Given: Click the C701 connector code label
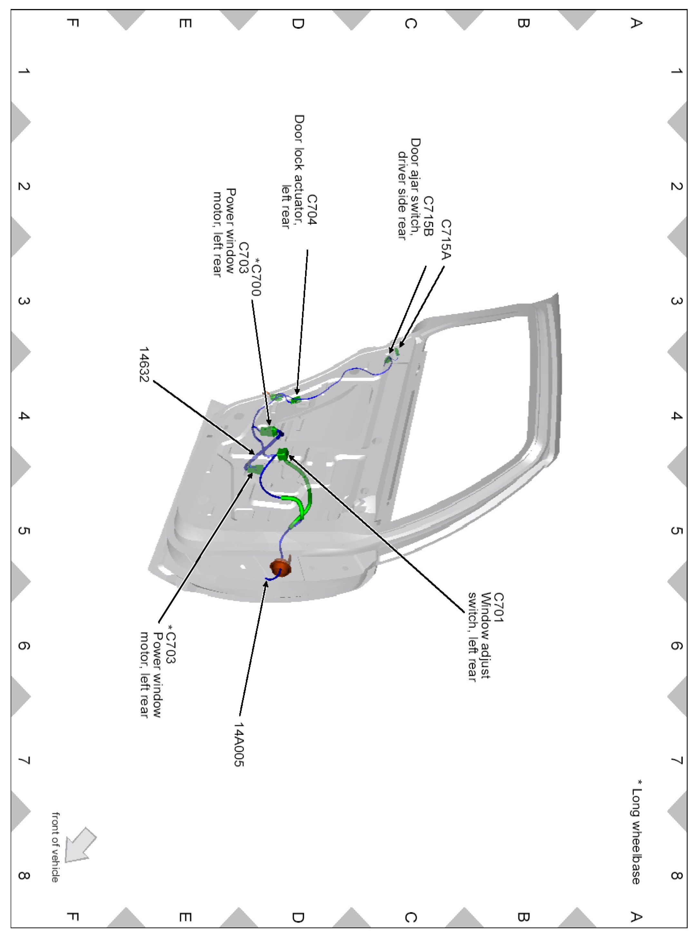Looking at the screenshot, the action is [x=498, y=607].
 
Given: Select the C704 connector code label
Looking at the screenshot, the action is [x=311, y=210].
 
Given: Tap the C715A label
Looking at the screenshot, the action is [x=446, y=240].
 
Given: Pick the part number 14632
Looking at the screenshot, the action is [x=144, y=364].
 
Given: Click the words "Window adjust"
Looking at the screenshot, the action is [x=486, y=635].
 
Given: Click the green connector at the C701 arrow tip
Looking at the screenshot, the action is [x=283, y=454].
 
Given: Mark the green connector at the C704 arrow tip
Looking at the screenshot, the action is [x=296, y=399].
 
